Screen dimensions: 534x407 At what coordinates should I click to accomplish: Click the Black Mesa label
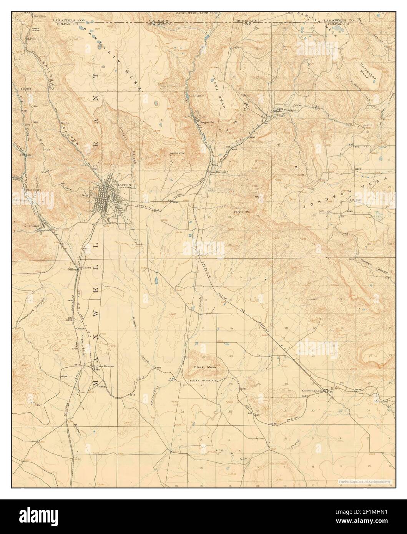coord(205,367)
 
